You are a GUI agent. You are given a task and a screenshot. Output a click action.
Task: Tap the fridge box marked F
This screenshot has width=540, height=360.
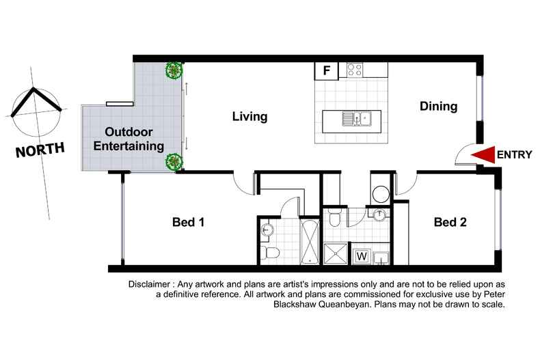tap(327, 70)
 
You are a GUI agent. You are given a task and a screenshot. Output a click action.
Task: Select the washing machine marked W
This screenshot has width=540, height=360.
tap(362, 256)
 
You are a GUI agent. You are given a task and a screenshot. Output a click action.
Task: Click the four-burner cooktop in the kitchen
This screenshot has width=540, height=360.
tap(354, 70)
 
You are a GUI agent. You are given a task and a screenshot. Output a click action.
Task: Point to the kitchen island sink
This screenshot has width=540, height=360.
tap(356, 119)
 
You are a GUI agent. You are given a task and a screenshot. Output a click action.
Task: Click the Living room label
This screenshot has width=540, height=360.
tap(249, 116)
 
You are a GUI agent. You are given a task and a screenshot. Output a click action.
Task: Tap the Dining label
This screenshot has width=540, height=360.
tap(438, 106)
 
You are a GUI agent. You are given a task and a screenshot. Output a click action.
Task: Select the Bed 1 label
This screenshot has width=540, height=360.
tap(189, 222)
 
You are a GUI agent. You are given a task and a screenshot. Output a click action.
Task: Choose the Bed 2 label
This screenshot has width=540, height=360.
tap(450, 222)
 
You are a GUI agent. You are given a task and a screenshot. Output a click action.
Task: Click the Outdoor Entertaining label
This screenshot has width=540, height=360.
tap(129, 139)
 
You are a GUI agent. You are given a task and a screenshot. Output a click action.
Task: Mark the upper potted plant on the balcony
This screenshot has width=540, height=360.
tap(174, 70)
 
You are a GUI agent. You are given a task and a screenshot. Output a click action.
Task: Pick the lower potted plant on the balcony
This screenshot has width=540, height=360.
tap(174, 161)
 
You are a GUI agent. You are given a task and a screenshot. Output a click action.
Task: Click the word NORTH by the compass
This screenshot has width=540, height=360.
tap(40, 150)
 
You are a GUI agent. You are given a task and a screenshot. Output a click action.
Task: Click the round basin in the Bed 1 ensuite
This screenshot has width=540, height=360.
tap(267, 230)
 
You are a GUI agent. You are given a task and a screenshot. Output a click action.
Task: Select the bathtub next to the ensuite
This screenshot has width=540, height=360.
tap(310, 242)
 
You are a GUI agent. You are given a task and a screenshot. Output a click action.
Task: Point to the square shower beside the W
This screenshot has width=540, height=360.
tap(336, 254)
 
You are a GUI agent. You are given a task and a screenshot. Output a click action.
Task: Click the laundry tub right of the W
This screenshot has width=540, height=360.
tap(381, 258)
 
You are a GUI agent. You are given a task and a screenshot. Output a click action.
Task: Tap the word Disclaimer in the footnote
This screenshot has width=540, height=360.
tap(149, 284)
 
